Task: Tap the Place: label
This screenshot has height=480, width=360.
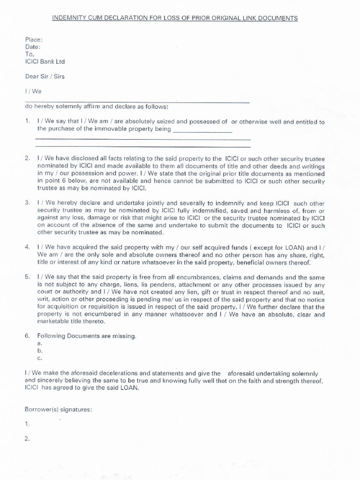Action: [33, 40]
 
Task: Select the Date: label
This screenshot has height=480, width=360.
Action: [32, 47]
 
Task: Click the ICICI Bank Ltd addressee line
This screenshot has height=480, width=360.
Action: [45, 61]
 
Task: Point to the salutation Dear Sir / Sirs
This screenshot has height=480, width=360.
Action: [45, 76]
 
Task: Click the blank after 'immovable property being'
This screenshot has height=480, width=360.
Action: [202, 129]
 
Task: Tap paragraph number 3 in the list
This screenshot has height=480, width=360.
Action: [27, 203]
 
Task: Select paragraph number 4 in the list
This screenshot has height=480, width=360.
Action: [27, 246]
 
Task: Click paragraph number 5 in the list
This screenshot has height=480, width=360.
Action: [27, 277]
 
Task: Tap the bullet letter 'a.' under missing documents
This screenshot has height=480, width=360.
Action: [40, 343]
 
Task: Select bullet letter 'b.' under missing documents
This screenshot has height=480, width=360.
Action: [40, 351]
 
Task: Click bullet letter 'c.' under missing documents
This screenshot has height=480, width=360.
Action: [40, 358]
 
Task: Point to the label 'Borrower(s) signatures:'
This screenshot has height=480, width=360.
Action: [58, 409]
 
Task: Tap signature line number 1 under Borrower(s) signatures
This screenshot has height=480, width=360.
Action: [27, 424]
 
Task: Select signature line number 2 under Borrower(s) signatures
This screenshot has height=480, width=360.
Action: [27, 439]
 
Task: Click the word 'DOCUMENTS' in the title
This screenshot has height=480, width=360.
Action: [277, 18]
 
